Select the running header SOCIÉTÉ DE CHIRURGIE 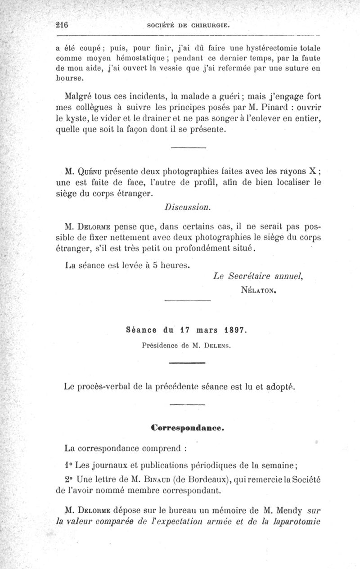pyautogui.click(x=189, y=26)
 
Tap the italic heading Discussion pyautogui.click(x=187, y=208)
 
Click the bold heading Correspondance pyautogui.click(x=187, y=428)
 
